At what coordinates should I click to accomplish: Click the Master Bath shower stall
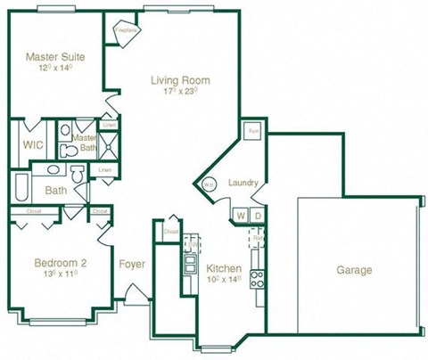(109, 144)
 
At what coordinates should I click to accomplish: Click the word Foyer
(133, 264)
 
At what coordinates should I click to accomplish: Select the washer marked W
(241, 217)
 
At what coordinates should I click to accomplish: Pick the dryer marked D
(257, 217)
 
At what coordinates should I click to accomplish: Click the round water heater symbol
(208, 184)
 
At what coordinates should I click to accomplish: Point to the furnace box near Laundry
(252, 131)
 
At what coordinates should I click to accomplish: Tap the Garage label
(354, 270)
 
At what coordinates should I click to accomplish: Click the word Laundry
(243, 183)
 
